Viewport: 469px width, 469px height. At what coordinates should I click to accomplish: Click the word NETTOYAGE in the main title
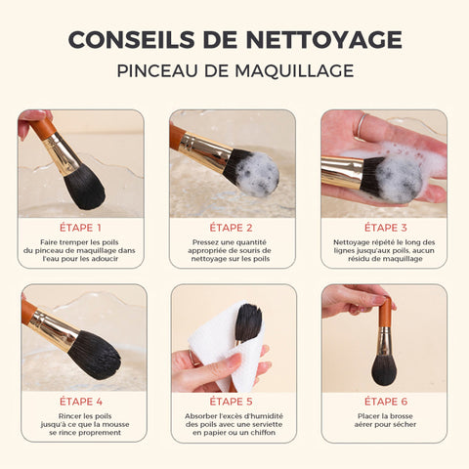[323, 40]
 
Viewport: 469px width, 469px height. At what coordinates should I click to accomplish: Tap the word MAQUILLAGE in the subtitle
[294, 70]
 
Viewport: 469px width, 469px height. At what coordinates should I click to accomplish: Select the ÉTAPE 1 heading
[80, 228]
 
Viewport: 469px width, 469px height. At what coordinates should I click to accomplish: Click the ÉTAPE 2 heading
[231, 228]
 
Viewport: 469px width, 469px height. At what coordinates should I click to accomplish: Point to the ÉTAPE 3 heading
[386, 228]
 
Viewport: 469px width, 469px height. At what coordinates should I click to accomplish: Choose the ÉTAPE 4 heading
[81, 402]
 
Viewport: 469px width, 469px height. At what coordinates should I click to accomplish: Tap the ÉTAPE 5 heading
[231, 402]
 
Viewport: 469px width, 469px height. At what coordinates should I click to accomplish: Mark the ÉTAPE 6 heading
[386, 402]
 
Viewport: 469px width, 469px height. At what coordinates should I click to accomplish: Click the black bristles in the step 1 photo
[84, 188]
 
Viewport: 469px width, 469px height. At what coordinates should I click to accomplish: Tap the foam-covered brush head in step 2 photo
[256, 174]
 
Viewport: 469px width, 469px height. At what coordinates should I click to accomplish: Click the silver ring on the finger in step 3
[362, 125]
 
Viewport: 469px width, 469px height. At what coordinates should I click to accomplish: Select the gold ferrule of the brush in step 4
[55, 330]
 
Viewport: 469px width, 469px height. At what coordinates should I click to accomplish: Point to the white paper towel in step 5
[225, 345]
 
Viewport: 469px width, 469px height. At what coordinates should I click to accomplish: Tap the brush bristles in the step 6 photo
[384, 370]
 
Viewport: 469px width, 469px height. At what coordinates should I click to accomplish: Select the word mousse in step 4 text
[116, 424]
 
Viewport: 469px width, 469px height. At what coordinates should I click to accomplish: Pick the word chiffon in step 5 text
[262, 433]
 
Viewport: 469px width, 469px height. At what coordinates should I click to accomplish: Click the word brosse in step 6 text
[400, 416]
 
